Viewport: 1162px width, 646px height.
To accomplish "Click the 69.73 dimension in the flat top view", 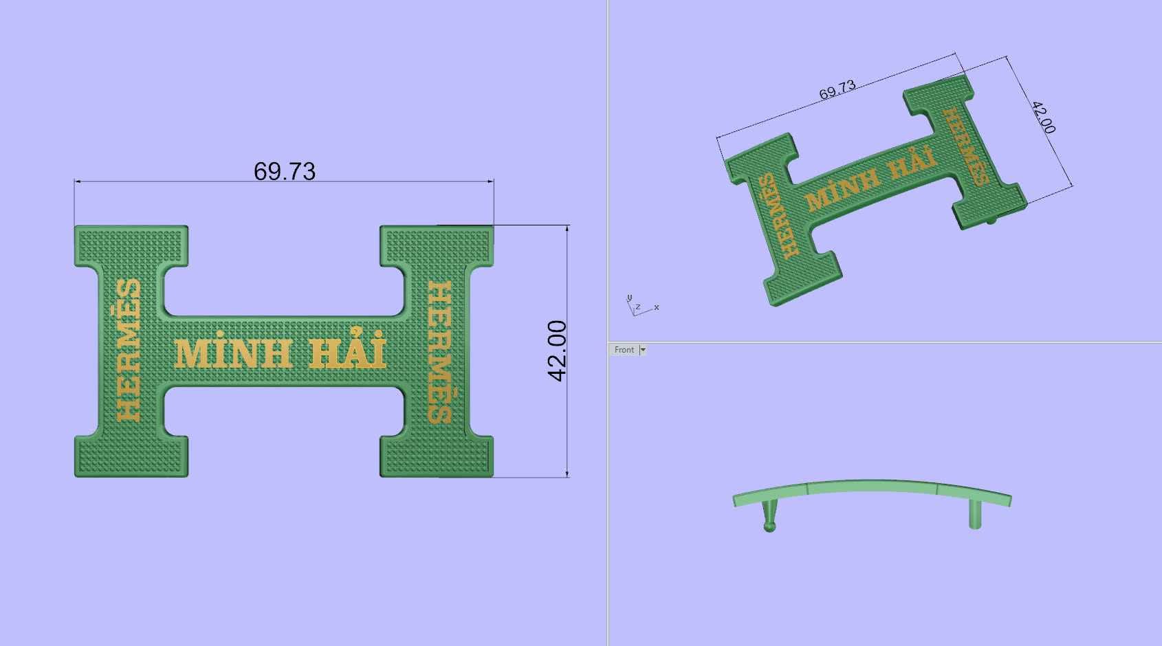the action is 284,171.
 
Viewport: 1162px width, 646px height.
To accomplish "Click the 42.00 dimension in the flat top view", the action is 557,351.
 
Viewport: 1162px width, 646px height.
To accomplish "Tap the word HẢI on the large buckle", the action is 347,348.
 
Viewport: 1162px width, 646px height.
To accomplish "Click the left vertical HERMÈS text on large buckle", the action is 128,350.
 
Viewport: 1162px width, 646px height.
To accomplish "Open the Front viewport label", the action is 624,350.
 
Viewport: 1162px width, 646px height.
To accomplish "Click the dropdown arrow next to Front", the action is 643,350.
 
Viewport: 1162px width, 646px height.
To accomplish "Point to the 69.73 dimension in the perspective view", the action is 837,90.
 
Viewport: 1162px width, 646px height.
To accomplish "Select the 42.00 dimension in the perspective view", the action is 1043,118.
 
